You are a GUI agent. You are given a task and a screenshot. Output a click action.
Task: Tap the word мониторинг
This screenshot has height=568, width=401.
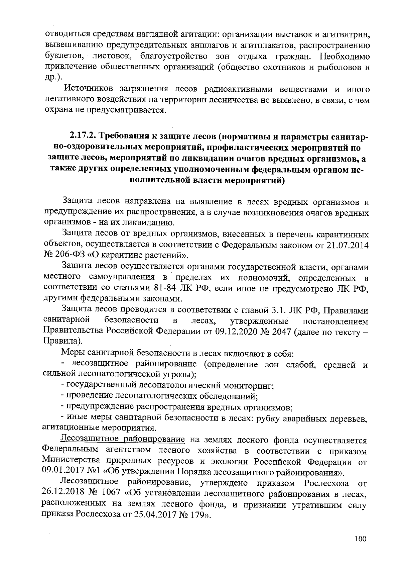pos(244,385)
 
